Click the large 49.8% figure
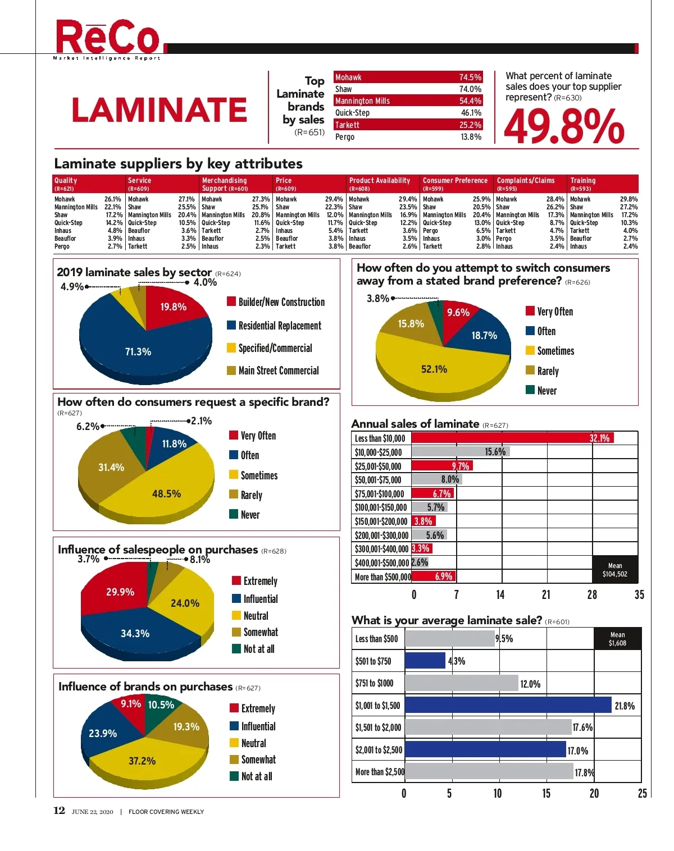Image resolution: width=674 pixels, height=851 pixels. click(x=563, y=126)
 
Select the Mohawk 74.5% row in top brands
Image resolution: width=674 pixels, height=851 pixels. click(x=408, y=77)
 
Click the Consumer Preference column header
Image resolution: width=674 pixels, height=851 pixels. click(x=455, y=181)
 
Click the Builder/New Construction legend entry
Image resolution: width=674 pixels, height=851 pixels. click(x=281, y=302)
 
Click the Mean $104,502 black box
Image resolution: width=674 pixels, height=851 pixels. click(x=615, y=570)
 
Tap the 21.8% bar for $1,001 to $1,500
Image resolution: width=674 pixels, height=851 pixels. click(x=508, y=705)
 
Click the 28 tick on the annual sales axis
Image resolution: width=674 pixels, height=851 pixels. click(x=592, y=595)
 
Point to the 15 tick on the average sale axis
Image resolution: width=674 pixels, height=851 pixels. click(x=546, y=793)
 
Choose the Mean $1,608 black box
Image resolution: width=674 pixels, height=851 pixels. click(x=617, y=639)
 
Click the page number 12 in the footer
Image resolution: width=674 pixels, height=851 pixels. click(x=59, y=811)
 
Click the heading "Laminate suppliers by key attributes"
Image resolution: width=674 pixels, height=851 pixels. click(x=178, y=164)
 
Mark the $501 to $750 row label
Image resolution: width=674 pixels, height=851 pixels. click(x=373, y=661)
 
